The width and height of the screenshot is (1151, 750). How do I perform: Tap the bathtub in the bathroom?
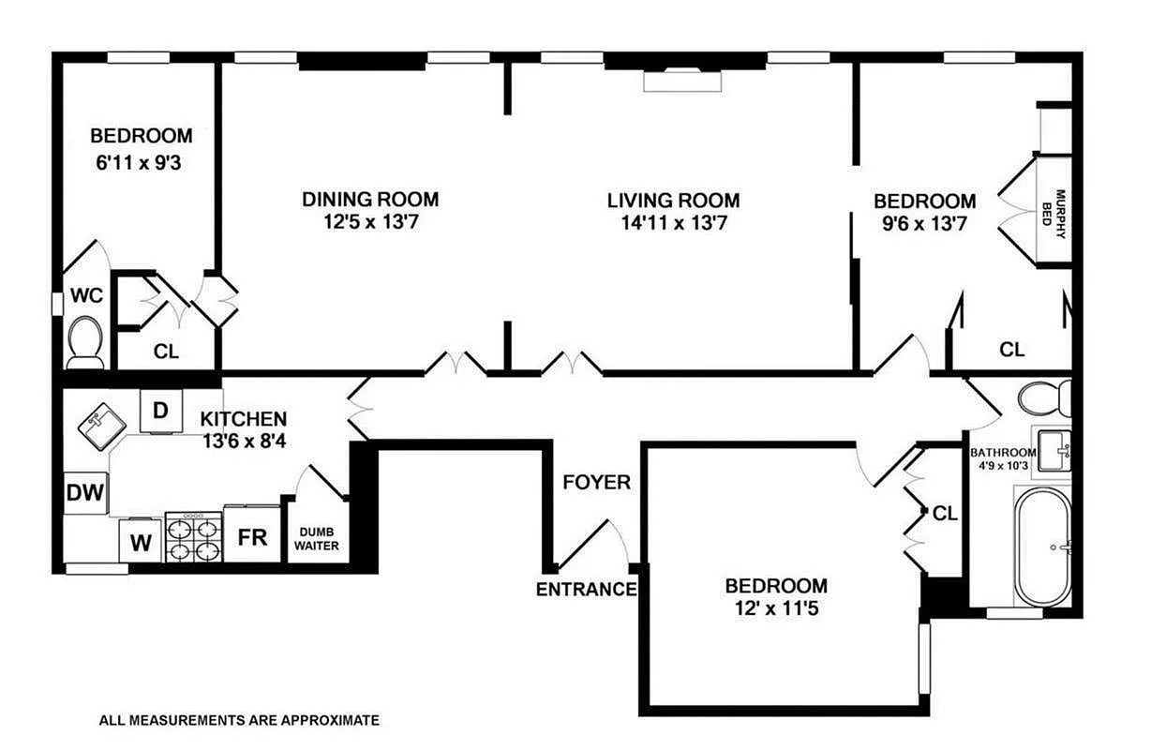[1042, 546]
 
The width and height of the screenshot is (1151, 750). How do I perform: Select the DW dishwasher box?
[85, 491]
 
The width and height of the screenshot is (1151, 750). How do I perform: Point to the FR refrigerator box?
[253, 538]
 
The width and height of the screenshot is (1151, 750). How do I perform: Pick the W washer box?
[141, 542]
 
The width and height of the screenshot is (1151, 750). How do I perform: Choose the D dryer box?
[160, 411]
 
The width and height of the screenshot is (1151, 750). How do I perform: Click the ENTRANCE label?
[586, 590]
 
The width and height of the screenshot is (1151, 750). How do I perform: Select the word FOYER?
[596, 483]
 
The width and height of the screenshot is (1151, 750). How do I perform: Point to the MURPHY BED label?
[1054, 214]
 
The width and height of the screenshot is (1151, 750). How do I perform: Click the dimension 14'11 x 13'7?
[672, 223]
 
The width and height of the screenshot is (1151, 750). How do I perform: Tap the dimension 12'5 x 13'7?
[369, 223]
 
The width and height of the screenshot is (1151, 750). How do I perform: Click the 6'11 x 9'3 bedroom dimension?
[141, 160]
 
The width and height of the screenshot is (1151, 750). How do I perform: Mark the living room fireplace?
[682, 81]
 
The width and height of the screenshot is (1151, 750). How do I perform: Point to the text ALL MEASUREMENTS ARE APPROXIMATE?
[239, 721]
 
